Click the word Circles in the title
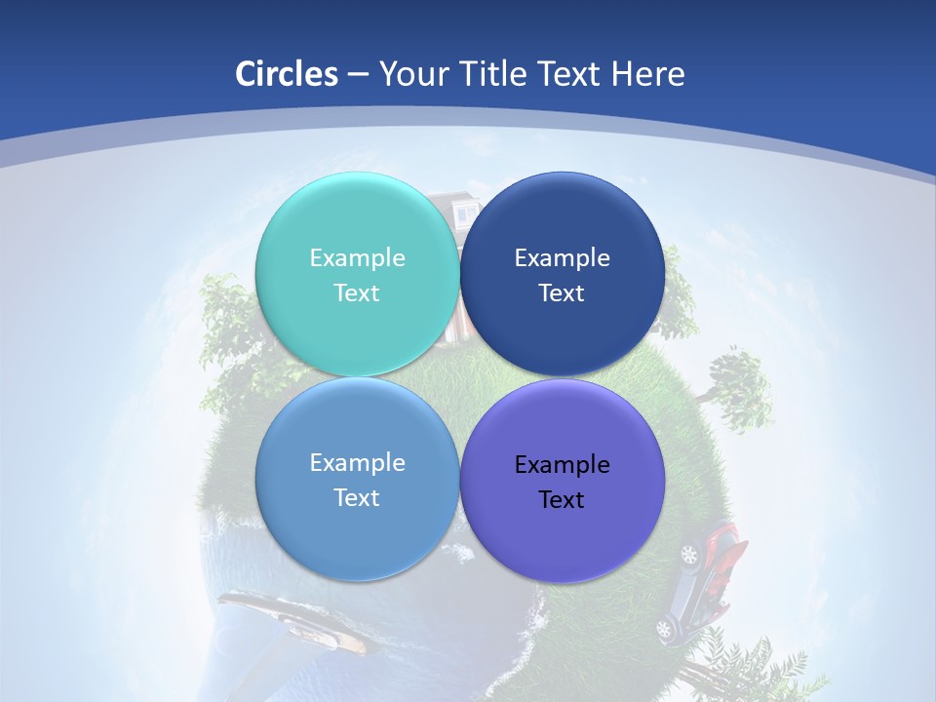(x=287, y=74)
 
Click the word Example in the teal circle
(x=357, y=257)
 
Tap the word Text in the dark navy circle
(x=562, y=292)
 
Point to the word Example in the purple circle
(x=562, y=464)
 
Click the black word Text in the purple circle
(x=562, y=499)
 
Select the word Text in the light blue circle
(x=357, y=497)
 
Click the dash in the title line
(x=358, y=74)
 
